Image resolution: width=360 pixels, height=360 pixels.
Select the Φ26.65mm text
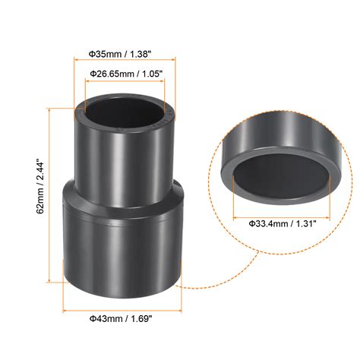[111, 73]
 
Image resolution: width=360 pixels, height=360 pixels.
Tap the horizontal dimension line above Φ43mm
[121, 311]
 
